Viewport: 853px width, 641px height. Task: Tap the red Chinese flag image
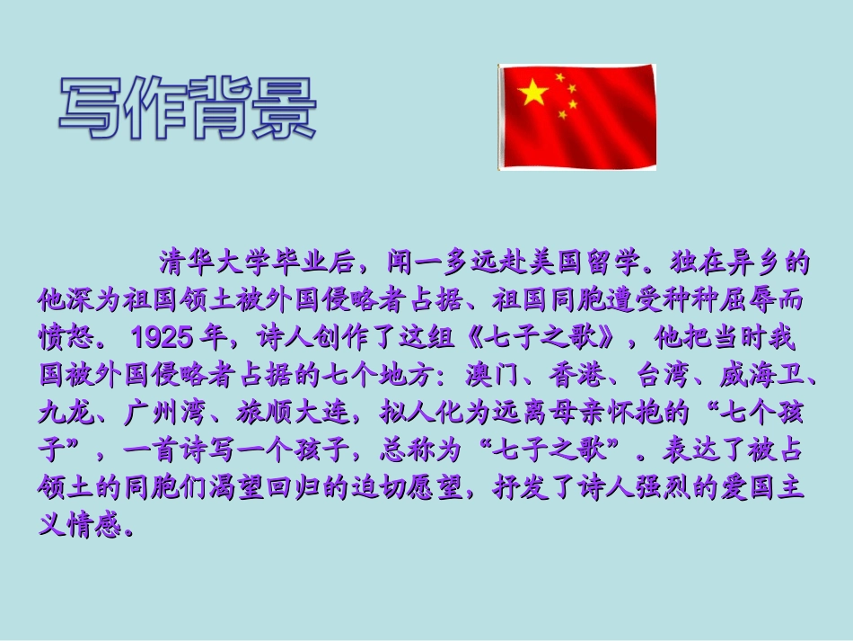[577, 117]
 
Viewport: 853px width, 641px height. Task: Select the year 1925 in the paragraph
[163, 338]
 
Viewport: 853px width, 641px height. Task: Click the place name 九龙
[59, 413]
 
